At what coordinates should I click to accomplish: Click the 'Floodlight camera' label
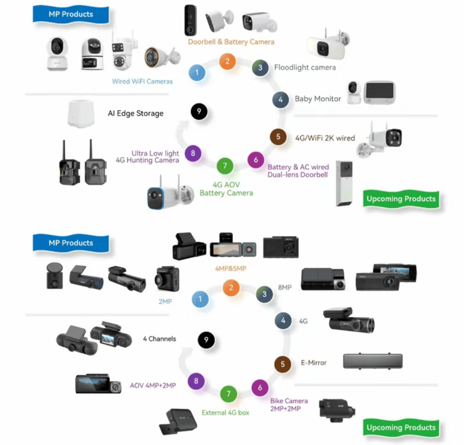point(305,68)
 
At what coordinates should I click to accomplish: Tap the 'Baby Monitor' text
point(318,99)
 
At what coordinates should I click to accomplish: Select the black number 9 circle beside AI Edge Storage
point(199,111)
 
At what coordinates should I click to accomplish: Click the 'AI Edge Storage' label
point(135,113)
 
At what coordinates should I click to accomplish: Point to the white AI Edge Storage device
point(81,114)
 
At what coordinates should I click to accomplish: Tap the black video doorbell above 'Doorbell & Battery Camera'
point(190,20)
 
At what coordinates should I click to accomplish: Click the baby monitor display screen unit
point(380,93)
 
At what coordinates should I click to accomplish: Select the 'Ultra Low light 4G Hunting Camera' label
point(147,157)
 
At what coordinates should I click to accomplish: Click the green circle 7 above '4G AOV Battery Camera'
point(225,166)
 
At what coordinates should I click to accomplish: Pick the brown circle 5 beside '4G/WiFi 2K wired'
point(278,137)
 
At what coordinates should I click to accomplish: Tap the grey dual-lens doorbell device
point(344,183)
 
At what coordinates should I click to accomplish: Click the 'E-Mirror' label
point(313,363)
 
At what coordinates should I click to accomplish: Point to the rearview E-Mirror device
point(373,361)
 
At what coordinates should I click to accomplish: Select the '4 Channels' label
point(159,339)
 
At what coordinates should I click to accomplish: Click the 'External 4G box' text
point(226,413)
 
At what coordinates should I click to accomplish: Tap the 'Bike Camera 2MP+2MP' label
point(289,405)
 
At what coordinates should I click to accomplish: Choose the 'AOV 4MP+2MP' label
point(153,386)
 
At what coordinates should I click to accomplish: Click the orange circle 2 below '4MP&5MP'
point(231,288)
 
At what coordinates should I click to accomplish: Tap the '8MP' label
point(284,287)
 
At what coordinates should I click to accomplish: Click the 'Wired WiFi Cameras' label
point(142,82)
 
